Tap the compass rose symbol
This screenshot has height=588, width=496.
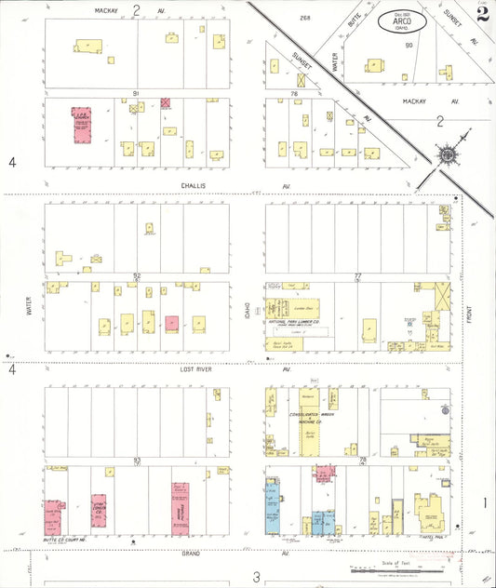pyautogui.click(x=448, y=154)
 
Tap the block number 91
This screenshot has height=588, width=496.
pyautogui.click(x=136, y=93)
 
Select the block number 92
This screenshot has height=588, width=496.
pyautogui.click(x=136, y=275)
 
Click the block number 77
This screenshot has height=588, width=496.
pyautogui.click(x=357, y=275)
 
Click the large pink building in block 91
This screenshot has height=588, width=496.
pyautogui.click(x=82, y=125)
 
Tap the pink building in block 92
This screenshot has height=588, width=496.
pyautogui.click(x=171, y=324)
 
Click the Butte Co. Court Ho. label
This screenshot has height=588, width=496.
pyautogui.click(x=62, y=539)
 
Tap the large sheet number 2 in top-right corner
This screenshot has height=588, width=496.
pyautogui.click(x=481, y=13)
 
